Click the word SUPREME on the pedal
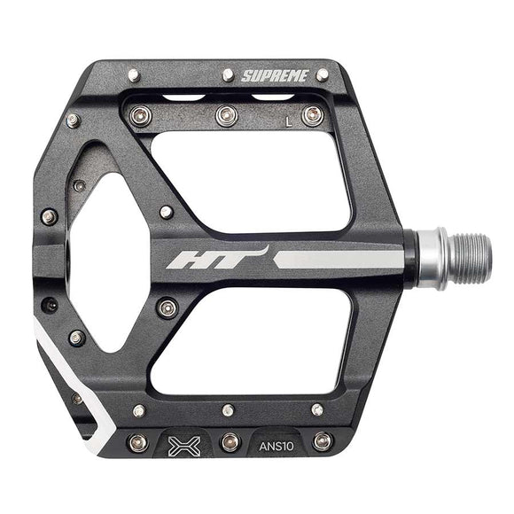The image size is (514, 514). [276, 76]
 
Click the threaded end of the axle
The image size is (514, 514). [464, 259]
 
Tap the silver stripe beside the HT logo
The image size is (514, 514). [337, 260]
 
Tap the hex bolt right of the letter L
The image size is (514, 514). [312, 115]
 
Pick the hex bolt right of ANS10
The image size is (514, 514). [323, 441]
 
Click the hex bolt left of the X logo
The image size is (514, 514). [138, 442]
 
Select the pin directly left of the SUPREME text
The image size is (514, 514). [228, 75]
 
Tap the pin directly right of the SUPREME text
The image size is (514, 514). [323, 74]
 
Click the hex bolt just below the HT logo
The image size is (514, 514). [167, 308]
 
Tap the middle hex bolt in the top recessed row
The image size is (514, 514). [227, 115]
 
